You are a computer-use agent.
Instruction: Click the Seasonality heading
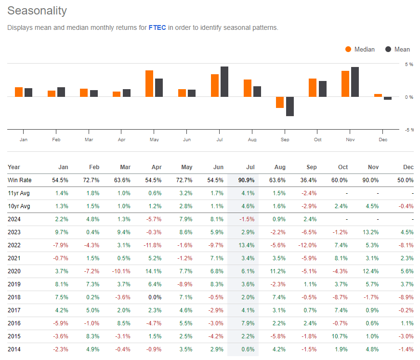tap(37, 11)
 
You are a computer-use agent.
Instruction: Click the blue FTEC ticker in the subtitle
tap(157, 27)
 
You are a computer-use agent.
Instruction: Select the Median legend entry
tap(360, 49)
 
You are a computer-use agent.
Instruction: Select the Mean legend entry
tap(397, 49)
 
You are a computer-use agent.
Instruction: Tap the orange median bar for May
tap(149, 84)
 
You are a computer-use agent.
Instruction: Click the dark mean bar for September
tap(289, 106)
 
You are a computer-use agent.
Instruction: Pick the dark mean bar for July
tap(224, 82)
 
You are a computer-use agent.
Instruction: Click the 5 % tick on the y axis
tap(409, 64)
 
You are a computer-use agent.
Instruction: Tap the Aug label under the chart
tap(252, 139)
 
